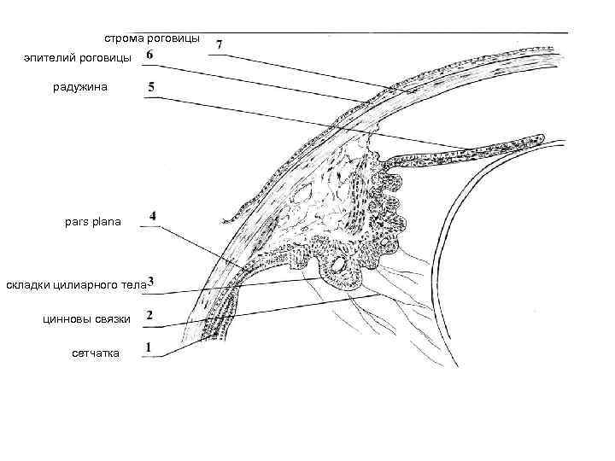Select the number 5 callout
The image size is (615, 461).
(x=150, y=87)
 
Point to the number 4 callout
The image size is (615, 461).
(x=152, y=216)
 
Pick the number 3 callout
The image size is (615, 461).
(x=151, y=283)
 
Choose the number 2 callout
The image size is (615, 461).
(x=149, y=316)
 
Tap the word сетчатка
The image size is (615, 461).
(x=96, y=353)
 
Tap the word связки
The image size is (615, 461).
(x=114, y=318)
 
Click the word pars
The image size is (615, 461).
(x=76, y=222)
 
